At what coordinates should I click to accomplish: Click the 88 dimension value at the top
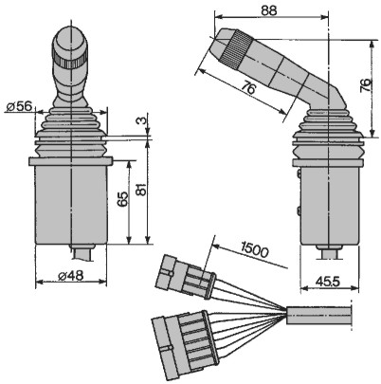(x=269, y=10)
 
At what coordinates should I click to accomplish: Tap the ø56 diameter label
(x=19, y=106)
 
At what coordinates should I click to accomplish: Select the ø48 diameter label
(x=71, y=276)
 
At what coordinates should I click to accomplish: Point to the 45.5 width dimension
(x=328, y=282)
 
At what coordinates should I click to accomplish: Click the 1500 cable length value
(x=254, y=249)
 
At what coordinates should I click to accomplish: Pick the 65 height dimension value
(x=124, y=198)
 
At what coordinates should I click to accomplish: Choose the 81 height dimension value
(x=142, y=189)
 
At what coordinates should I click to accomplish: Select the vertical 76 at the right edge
(x=366, y=85)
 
